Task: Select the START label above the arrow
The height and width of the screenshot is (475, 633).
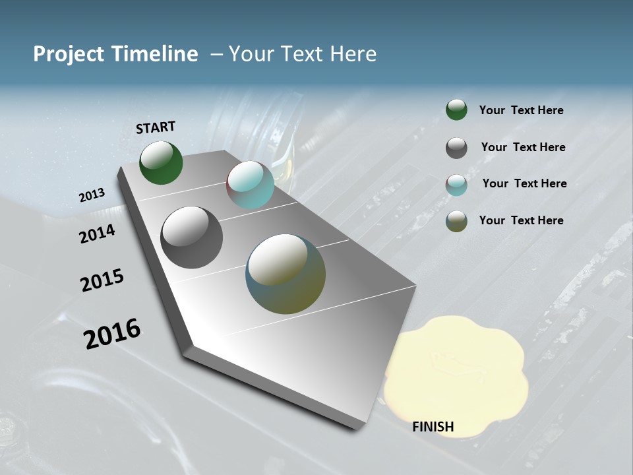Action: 156,127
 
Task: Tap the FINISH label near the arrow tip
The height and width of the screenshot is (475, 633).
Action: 433,427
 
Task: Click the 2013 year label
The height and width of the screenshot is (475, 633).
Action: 92,195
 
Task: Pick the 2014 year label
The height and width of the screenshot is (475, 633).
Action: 98,234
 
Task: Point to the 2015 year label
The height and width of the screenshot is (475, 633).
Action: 102,280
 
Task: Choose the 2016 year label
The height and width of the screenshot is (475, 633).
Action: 112,333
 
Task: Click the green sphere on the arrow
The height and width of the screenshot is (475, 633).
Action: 161,163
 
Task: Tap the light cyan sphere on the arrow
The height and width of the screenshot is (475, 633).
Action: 250,185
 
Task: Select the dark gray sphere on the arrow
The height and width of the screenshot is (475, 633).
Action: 191,237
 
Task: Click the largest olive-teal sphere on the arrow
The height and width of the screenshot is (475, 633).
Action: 286,274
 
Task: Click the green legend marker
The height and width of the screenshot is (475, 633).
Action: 456,110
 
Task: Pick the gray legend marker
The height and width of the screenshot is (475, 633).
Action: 456,148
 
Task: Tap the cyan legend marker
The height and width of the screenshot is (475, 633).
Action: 456,185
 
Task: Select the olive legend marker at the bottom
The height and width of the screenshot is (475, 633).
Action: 456,221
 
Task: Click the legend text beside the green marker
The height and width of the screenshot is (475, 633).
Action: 521,110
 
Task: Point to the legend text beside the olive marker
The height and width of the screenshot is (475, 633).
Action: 521,220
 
